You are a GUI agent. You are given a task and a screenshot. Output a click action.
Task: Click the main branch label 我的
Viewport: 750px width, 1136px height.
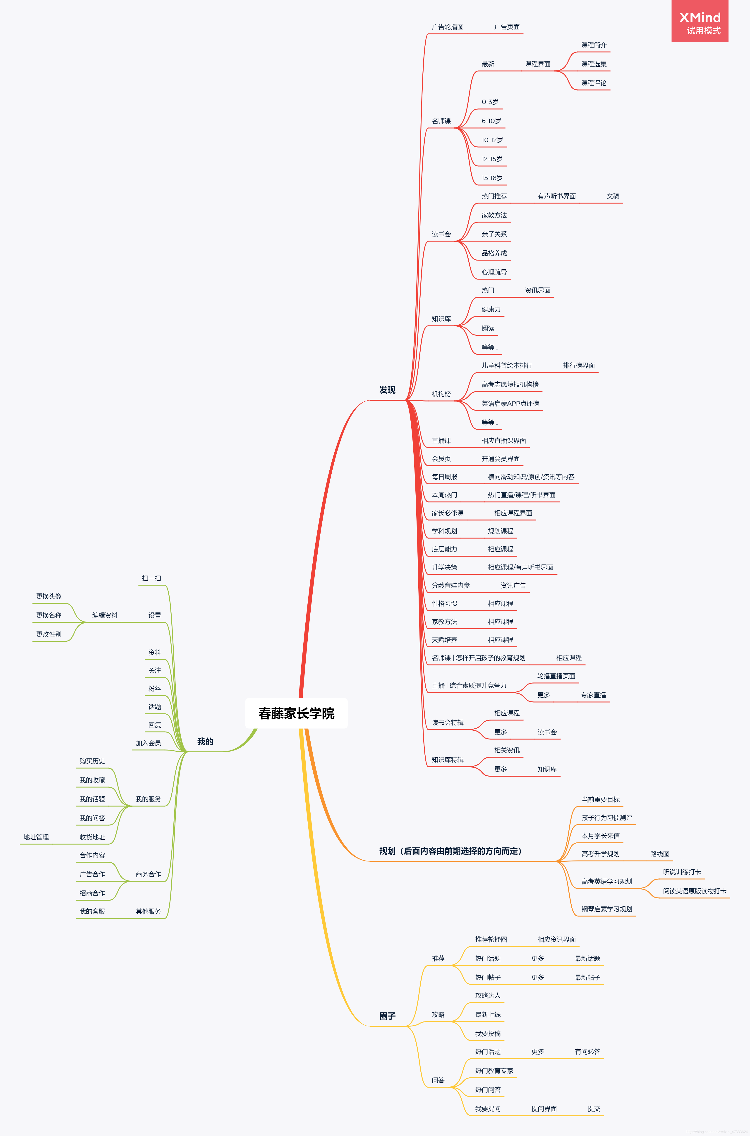205,741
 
